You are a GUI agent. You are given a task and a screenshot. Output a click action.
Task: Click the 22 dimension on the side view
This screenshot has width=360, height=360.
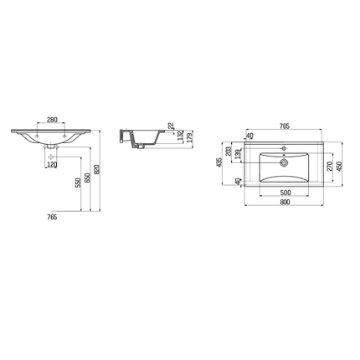tap(171, 127)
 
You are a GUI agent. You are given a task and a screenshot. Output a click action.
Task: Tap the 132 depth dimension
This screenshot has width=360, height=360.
tap(179, 136)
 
